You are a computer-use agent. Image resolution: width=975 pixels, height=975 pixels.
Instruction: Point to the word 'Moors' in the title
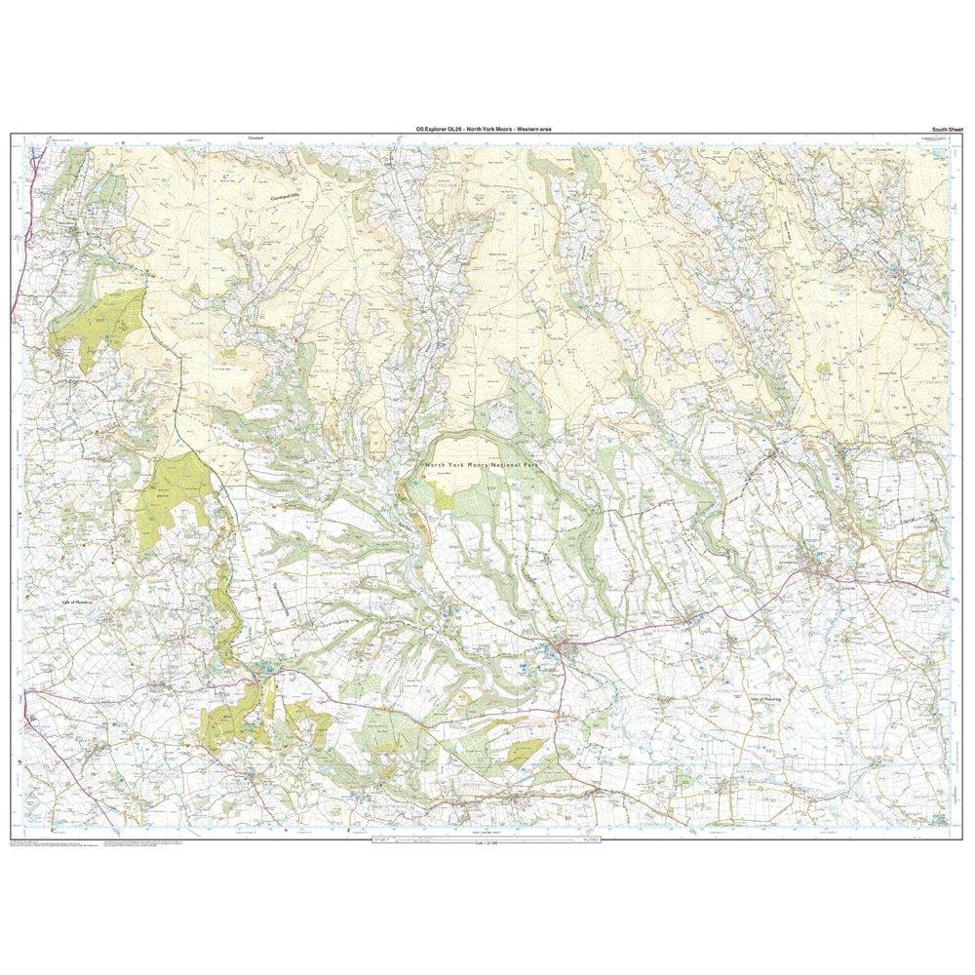[516, 129]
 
